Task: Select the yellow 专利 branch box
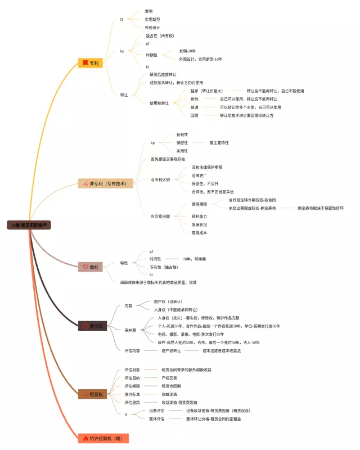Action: pos(90,63)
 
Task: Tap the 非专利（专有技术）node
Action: pos(106,183)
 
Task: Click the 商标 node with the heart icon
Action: pos(91,267)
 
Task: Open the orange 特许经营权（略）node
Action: pos(103,438)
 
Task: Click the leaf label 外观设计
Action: pos(152,27)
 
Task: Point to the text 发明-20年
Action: pos(188,51)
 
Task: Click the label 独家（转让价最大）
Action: pos(206,91)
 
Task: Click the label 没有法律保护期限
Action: pos(206,167)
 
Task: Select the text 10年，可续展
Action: pos(194,259)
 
